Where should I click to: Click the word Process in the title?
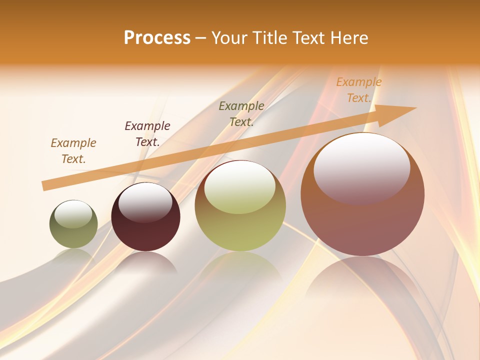[x=157, y=38]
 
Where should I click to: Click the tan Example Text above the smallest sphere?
[x=73, y=151]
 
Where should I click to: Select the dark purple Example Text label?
[x=147, y=134]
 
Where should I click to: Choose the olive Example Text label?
[x=241, y=114]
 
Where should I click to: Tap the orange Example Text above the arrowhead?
[x=359, y=90]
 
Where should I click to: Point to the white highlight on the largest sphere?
[x=362, y=167]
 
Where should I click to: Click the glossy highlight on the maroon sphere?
[x=145, y=202]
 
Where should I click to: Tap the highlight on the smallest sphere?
[x=73, y=214]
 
